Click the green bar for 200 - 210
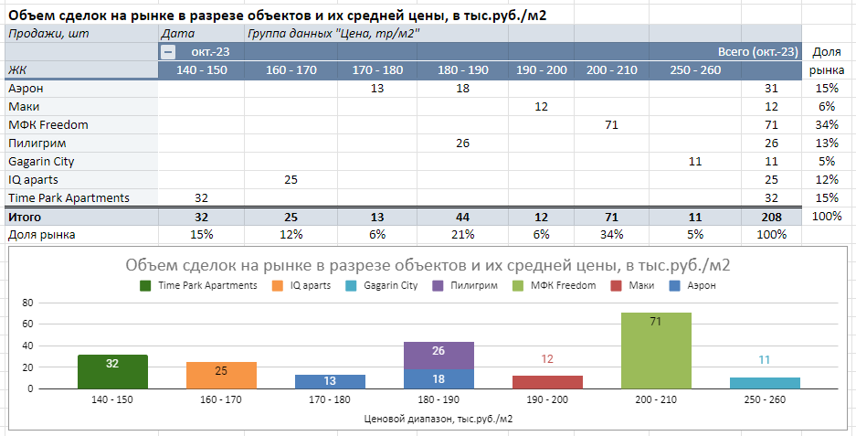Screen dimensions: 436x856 (x=656, y=351)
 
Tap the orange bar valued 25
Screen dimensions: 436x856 (x=222, y=375)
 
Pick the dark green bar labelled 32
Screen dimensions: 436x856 (x=112, y=371)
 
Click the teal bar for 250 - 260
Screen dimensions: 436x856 (x=765, y=383)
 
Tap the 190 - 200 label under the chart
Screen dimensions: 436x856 (x=546, y=400)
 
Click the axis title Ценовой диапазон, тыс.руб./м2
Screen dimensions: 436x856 (x=438, y=420)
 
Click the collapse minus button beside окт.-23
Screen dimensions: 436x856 (x=167, y=52)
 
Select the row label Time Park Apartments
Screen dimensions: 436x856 (x=69, y=197)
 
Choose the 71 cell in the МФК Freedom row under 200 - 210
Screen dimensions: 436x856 (x=612, y=124)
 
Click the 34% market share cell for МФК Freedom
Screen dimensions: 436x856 (x=827, y=124)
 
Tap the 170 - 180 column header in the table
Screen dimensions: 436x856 (x=377, y=69)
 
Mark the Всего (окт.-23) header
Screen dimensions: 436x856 (x=757, y=52)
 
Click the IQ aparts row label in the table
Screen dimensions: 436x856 (x=33, y=179)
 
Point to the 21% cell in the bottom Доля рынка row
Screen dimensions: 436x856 (x=462, y=235)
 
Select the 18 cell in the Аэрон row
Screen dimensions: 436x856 (x=462, y=88)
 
